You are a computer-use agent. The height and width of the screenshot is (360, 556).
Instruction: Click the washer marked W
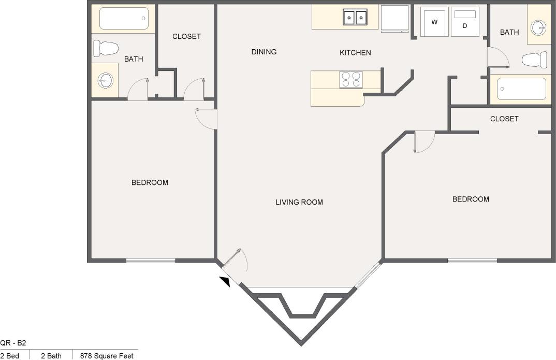[434, 22]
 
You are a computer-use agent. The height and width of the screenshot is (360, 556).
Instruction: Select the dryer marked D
[465, 22]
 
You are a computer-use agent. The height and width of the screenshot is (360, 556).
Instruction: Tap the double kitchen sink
[355, 18]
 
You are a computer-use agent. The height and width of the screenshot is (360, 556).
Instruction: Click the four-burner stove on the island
[350, 80]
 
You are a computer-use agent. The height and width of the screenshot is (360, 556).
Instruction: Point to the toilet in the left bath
[106, 49]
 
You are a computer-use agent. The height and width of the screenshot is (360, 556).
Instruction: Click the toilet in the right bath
[535, 60]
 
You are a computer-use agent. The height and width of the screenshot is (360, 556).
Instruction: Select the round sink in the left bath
[106, 80]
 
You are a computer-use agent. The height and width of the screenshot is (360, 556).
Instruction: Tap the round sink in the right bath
[539, 27]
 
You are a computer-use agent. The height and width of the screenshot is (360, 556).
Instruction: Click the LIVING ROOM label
[299, 202]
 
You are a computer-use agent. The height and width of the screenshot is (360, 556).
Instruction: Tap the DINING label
[264, 52]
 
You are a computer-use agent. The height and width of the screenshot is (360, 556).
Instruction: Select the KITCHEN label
[355, 53]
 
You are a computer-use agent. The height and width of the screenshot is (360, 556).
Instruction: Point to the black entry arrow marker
[225, 281]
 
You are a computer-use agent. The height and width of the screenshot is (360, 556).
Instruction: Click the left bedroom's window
[151, 260]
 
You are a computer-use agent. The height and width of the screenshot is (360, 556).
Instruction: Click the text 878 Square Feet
[107, 355]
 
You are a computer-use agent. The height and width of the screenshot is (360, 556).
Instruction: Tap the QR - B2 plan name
[13, 342]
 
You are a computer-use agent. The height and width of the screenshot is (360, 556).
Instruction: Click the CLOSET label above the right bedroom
[504, 119]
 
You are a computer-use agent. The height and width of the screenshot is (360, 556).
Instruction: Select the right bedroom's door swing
[423, 142]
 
